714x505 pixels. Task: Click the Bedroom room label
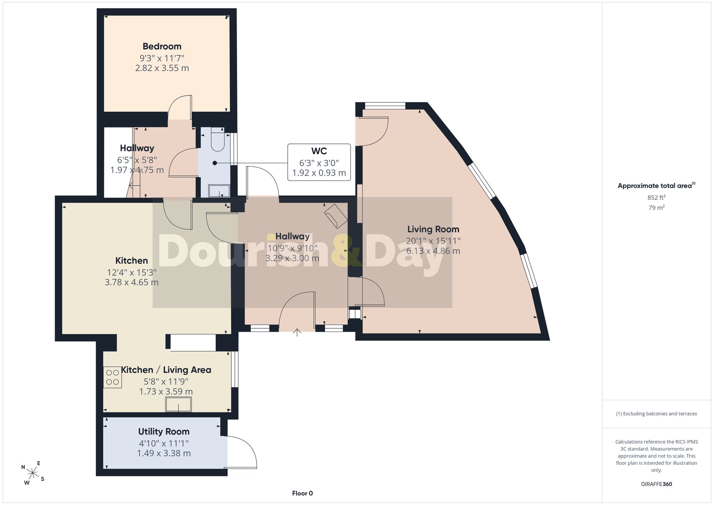coord(162,46)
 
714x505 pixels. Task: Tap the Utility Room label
coord(164,432)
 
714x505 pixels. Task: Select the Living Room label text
coord(433,229)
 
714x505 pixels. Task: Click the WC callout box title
coord(319,151)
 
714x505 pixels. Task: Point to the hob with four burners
coord(112,377)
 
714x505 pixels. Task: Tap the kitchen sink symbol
coord(178,404)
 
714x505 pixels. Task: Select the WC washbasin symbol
coord(219,191)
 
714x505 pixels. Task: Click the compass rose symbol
coord(33,473)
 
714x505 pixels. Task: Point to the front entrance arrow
coord(297,332)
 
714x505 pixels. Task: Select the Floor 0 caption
coord(302,493)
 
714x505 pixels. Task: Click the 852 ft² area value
coord(657,197)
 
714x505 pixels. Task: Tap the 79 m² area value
coord(657,207)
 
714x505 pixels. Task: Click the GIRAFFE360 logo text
coord(657,484)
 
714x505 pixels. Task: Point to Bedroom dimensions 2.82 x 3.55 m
coord(162,68)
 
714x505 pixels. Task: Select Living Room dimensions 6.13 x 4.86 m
coord(433,251)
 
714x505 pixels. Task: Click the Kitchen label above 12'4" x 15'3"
coord(131,261)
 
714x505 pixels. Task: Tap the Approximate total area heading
coord(657,185)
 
